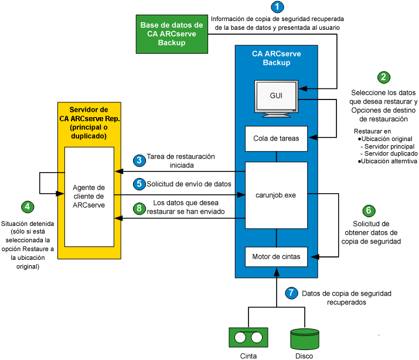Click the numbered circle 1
(x=277, y=7)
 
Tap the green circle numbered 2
(x=384, y=77)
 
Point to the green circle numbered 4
(x=27, y=207)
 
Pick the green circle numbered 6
(x=367, y=210)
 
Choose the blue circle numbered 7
(x=291, y=293)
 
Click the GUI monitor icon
(x=276, y=97)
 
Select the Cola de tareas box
(x=276, y=139)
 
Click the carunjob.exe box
(x=276, y=195)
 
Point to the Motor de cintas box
(x=276, y=256)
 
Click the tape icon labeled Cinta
(x=248, y=337)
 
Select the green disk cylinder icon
(x=305, y=338)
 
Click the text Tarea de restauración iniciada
(x=180, y=160)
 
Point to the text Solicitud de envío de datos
(x=189, y=184)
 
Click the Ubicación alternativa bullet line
(x=387, y=161)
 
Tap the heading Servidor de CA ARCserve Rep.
(x=88, y=123)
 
